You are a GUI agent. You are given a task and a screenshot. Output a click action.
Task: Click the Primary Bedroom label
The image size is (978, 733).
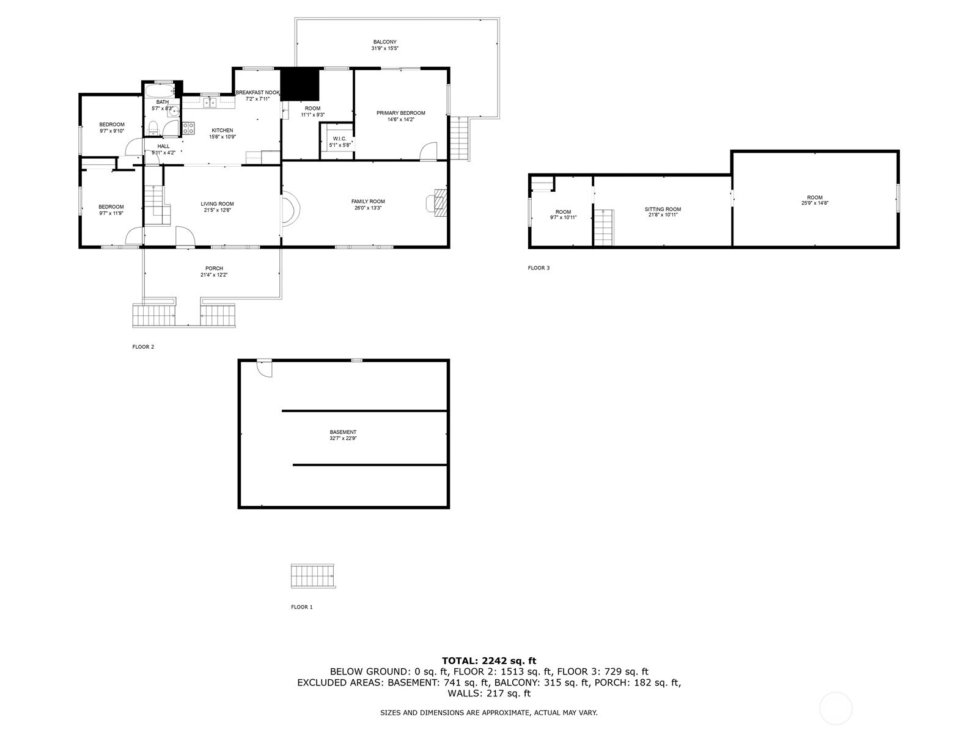pos(400,113)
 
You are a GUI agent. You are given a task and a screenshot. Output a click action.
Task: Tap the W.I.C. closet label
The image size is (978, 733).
pos(340,139)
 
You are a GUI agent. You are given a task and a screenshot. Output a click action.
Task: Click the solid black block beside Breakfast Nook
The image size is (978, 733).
pos(300,84)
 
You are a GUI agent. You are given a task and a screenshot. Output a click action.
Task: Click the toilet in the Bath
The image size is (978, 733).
pos(155,128)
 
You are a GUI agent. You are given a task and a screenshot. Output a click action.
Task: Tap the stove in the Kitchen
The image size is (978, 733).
pos(188,128)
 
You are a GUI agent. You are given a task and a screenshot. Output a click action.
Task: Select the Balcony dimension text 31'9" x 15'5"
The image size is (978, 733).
pos(384,49)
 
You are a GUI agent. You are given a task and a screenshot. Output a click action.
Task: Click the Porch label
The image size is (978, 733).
pos(214,268)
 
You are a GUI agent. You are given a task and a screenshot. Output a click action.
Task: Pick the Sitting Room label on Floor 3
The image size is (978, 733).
pos(663,209)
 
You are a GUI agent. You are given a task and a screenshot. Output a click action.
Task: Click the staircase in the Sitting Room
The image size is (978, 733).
pos(604,227)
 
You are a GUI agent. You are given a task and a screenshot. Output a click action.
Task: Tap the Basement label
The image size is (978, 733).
pos(343,432)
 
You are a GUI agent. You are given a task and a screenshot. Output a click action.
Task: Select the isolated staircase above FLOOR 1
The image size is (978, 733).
pos(313,576)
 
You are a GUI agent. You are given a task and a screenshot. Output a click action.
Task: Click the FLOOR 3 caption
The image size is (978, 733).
pos(539,268)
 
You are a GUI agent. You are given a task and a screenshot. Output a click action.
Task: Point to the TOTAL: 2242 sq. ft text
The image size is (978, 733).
pos(488,660)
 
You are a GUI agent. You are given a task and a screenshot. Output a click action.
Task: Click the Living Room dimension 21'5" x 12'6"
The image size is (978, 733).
pos(217,210)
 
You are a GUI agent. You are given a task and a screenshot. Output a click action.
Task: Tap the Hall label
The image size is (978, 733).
pos(163,146)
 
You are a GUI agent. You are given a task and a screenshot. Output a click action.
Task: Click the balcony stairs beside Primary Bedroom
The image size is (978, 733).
pos(459,139)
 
